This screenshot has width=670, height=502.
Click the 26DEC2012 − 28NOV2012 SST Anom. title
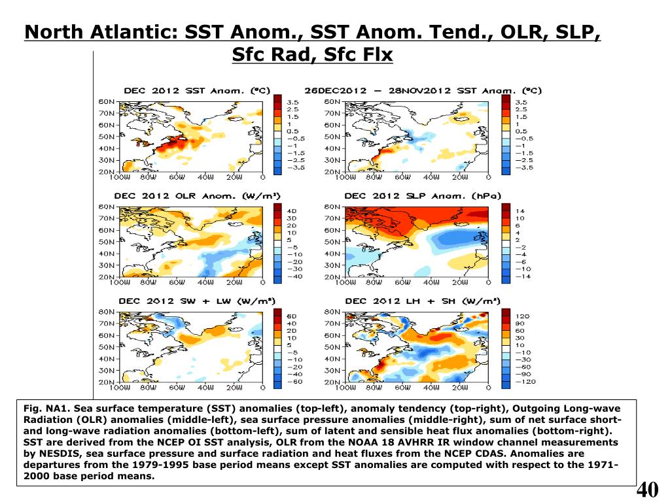click(423, 91)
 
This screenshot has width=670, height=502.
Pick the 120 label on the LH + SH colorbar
click(523, 316)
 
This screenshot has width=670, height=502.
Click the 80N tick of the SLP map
click(331, 207)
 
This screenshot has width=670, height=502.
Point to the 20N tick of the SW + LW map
click(106, 382)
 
